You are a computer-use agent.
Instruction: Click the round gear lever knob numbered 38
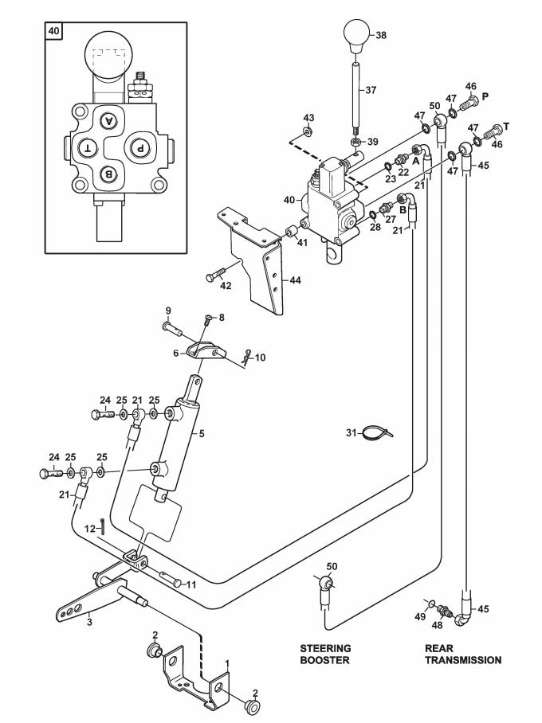pyautogui.click(x=357, y=35)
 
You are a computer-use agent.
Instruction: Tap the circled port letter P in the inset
pyautogui.click(x=139, y=148)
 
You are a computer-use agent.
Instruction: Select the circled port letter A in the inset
pyautogui.click(x=109, y=121)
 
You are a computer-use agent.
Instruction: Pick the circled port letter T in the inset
pyautogui.click(x=88, y=148)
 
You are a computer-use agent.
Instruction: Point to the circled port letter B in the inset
pyautogui.click(x=109, y=174)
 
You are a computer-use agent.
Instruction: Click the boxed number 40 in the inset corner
pyautogui.click(x=54, y=31)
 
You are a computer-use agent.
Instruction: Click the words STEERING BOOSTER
pyautogui.click(x=325, y=655)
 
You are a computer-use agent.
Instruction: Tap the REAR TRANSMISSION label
pyautogui.click(x=462, y=655)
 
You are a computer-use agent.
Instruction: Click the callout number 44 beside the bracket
pyautogui.click(x=295, y=280)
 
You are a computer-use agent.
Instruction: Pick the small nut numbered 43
pyautogui.click(x=307, y=132)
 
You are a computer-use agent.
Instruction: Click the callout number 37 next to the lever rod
pyautogui.click(x=371, y=91)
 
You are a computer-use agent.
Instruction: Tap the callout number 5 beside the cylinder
pyautogui.click(x=202, y=433)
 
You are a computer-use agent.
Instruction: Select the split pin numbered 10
pyautogui.click(x=248, y=357)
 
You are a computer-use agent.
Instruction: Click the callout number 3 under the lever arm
pyautogui.click(x=89, y=622)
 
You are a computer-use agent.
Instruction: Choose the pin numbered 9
pyautogui.click(x=173, y=328)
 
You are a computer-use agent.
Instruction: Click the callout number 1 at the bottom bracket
pyautogui.click(x=227, y=663)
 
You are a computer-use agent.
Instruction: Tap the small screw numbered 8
pyautogui.click(x=207, y=319)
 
